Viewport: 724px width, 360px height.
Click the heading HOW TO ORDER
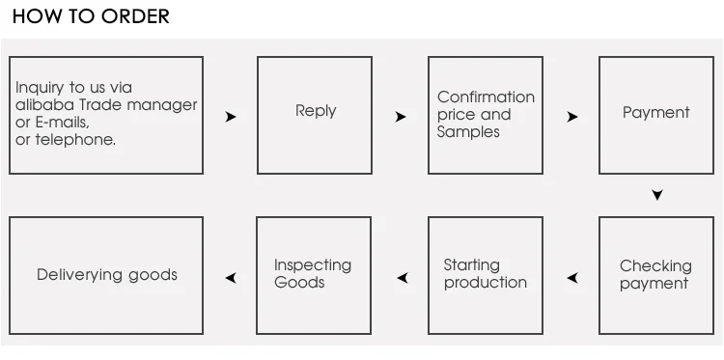coord(91,16)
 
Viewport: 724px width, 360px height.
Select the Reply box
coord(315,116)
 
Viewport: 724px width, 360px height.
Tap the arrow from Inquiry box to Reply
coord(231,117)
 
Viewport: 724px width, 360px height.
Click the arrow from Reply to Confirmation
coord(401,117)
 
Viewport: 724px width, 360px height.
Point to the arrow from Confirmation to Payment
coord(572,117)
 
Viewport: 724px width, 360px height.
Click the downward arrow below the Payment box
coord(657,195)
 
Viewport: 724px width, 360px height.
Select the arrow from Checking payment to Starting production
coord(572,278)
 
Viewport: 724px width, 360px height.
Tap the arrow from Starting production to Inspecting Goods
coord(403,278)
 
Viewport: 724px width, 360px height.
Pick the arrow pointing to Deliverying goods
coord(231,278)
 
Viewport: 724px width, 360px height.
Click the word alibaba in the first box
coord(45,105)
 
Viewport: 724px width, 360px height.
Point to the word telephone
coord(75,140)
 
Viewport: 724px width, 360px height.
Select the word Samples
coord(468,132)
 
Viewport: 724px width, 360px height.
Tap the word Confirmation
coord(486,97)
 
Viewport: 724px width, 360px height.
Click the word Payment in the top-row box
coord(655,113)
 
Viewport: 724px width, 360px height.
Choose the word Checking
coord(655,266)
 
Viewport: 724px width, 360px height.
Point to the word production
coord(486,283)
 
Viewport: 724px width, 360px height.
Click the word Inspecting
coord(313,265)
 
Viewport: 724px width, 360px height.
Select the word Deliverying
coord(80,275)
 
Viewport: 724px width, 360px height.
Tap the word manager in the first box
coord(162,105)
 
